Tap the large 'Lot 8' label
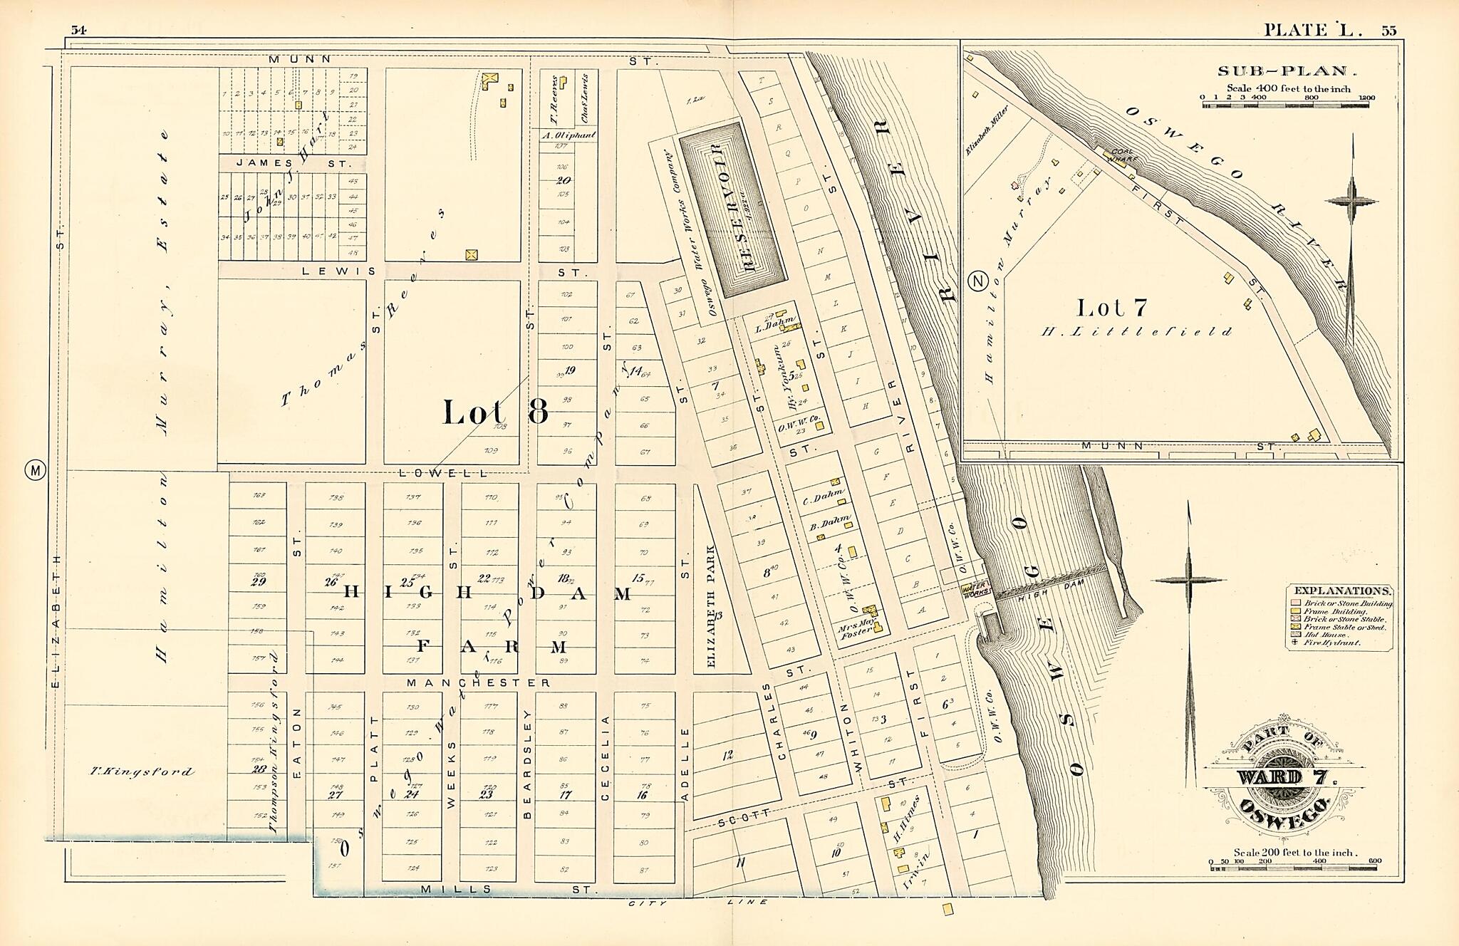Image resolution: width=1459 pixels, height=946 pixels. click(x=495, y=412)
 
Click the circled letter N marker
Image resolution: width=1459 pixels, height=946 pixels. click(x=978, y=281)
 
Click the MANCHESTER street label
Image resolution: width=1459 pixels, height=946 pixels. click(x=478, y=682)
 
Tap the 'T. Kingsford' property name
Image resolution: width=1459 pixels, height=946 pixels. click(x=142, y=771)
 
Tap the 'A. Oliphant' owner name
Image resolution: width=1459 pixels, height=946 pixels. click(x=568, y=135)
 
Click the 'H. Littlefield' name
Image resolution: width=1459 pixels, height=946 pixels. click(x=1136, y=331)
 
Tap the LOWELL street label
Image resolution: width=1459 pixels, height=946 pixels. click(x=442, y=472)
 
